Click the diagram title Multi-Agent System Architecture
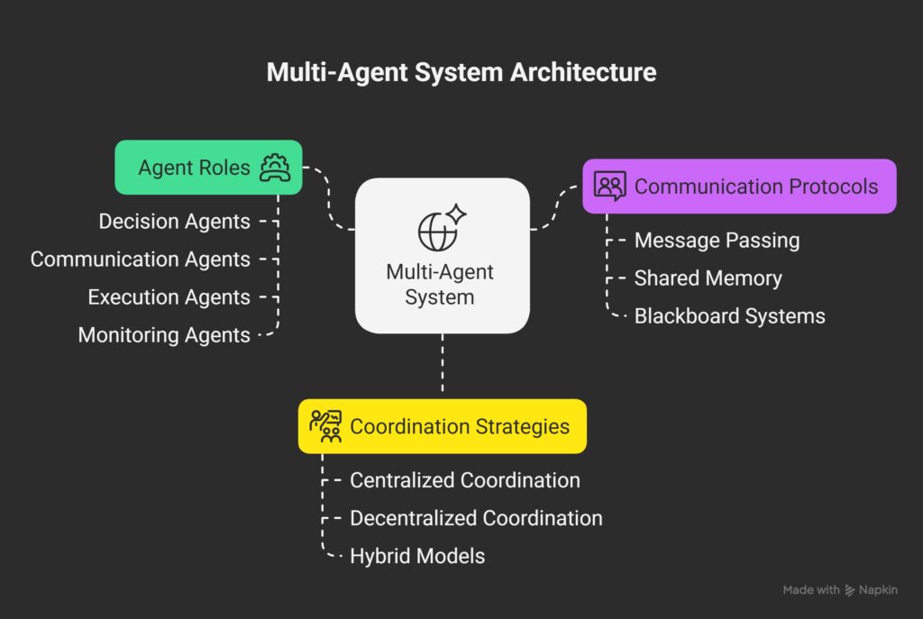point(461,72)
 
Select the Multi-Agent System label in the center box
point(440,284)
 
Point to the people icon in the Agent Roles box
point(274,168)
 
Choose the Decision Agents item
point(174,222)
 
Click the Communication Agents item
point(140,259)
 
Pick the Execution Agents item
point(169,297)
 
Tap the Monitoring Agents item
point(164,335)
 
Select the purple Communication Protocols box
point(739,187)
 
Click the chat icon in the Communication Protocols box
point(610,187)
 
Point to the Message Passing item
point(717,241)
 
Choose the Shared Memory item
point(708,278)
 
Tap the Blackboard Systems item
point(729,316)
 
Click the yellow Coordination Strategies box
point(443,426)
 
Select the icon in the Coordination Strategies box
point(324,425)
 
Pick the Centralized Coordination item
point(464,480)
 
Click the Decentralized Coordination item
point(476,518)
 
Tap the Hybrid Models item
point(417,556)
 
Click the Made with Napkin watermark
point(840,590)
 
